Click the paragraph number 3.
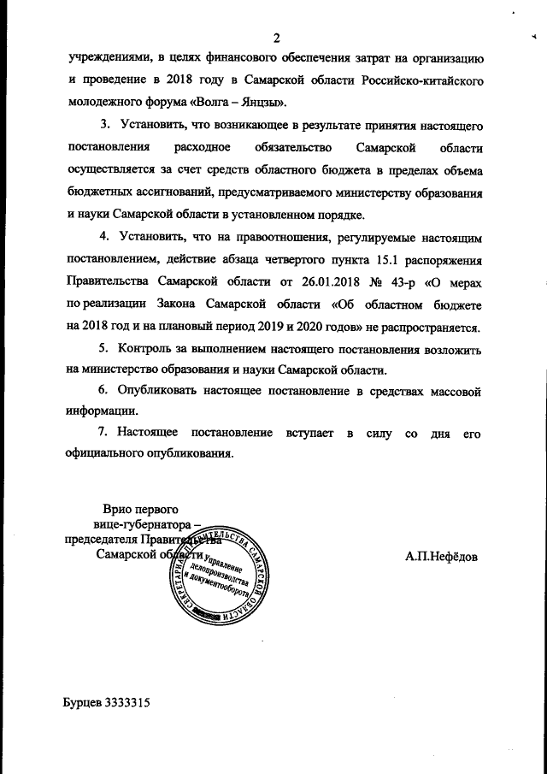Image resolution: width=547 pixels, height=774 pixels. tap(105, 127)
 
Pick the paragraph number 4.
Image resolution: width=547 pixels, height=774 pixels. tap(105, 237)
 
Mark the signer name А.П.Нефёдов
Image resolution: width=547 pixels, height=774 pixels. tap(442, 556)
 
